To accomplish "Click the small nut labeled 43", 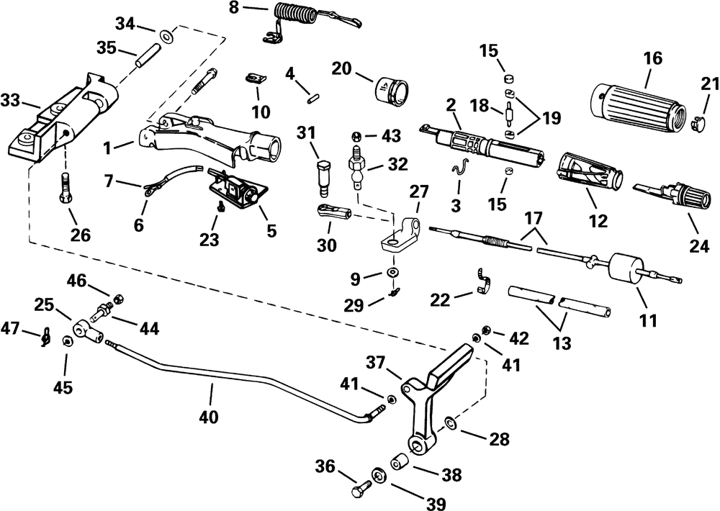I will pyautogui.click(x=356, y=135).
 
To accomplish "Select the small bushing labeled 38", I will pyautogui.click(x=399, y=460).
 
